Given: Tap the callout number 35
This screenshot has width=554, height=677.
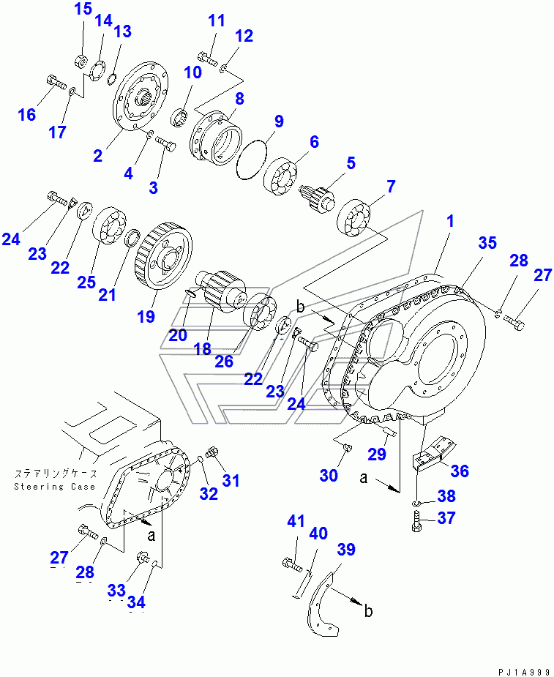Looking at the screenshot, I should (487, 242).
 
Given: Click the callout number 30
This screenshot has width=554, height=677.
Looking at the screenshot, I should (329, 476).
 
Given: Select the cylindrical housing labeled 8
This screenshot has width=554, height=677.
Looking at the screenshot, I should (217, 137).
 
